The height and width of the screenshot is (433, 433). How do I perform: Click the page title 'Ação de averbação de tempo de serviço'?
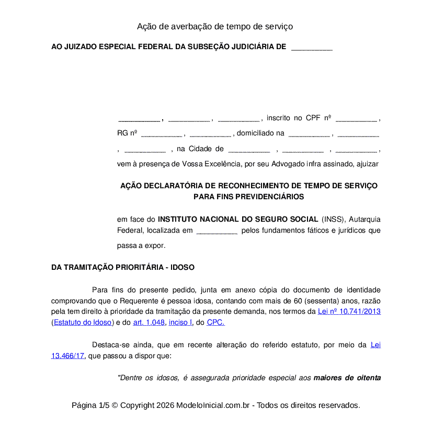pyautogui.click(x=214, y=26)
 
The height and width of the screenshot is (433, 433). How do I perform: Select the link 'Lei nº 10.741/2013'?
pyautogui.click(x=349, y=312)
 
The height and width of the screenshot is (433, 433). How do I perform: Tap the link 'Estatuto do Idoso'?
pyautogui.click(x=83, y=323)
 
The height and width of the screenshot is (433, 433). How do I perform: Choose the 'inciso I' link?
pyautogui.click(x=180, y=323)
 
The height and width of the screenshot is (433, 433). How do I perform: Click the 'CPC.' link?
pyautogui.click(x=215, y=323)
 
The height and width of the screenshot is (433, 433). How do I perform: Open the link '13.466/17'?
pyautogui.click(x=67, y=356)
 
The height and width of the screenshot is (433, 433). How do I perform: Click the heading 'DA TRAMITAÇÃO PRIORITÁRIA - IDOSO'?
pyautogui.click(x=122, y=267)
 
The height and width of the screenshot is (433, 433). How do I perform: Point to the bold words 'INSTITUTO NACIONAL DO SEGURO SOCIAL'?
pyautogui.click(x=237, y=219)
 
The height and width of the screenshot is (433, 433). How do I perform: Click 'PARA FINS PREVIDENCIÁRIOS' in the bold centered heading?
pyautogui.click(x=248, y=197)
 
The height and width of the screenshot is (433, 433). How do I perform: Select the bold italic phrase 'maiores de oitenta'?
pyautogui.click(x=347, y=378)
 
